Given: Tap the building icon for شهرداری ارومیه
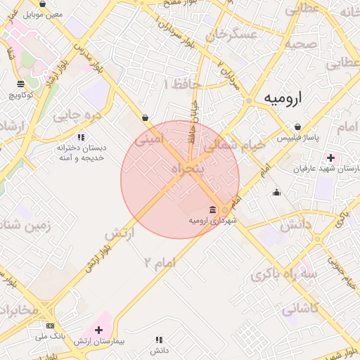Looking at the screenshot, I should (213, 209).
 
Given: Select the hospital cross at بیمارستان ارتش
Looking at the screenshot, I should (98, 330).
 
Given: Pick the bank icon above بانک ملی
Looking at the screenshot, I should (50, 326).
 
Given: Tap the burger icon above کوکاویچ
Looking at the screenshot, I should (21, 84).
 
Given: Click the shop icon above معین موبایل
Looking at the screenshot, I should (43, 4).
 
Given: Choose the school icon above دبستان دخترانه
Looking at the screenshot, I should (82, 137).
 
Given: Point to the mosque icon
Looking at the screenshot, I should (277, 192).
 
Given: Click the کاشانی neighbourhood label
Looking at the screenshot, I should (300, 308).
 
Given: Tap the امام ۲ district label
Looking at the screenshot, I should (159, 262).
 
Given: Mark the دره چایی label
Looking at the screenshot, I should (78, 112).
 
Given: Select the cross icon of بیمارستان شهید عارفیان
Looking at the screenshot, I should (330, 157).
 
